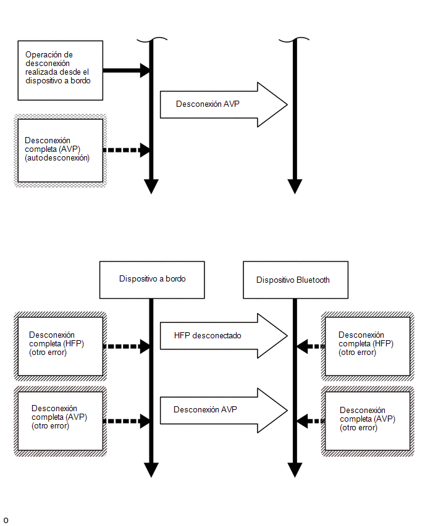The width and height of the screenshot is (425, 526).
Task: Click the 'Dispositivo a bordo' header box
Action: point(152,280)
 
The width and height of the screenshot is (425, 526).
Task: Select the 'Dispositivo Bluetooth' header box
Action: point(295,280)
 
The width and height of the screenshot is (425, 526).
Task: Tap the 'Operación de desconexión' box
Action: point(61,70)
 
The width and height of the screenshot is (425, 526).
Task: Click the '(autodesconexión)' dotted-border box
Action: point(61,151)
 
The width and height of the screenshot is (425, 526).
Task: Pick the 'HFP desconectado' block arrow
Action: point(224,336)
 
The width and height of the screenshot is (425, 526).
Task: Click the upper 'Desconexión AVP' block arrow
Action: point(224,104)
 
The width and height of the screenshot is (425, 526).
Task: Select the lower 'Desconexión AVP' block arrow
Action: point(224,411)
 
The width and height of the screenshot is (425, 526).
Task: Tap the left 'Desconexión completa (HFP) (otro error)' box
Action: point(61,346)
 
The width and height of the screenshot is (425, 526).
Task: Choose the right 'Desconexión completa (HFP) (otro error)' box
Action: point(368,346)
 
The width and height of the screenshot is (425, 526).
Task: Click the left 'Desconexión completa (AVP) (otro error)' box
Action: point(61,421)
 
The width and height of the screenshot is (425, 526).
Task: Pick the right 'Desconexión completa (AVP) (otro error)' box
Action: point(368,421)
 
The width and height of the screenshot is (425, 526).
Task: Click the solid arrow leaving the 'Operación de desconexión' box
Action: point(126,70)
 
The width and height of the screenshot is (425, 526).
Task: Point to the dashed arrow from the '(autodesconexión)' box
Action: point(126,150)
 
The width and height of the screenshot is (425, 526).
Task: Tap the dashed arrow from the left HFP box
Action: point(126,346)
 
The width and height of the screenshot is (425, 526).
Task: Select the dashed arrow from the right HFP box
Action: point(311,346)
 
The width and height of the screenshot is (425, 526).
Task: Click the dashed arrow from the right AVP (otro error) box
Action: point(311,421)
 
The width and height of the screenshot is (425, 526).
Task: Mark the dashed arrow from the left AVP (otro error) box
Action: point(126,421)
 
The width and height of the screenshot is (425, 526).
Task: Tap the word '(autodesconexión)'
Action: point(57,158)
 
